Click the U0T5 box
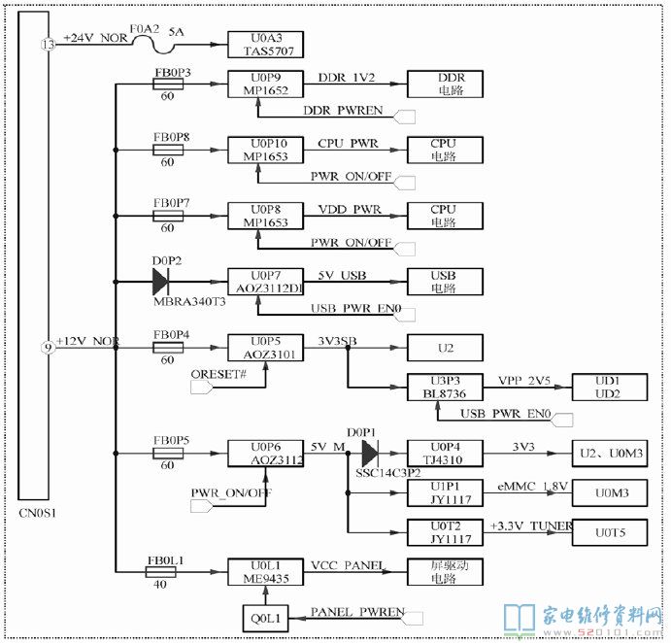coord(608,532)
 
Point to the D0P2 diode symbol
coord(161,282)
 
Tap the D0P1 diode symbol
coord(369,453)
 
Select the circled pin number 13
coord(49,45)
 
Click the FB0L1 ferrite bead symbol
coord(161,572)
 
